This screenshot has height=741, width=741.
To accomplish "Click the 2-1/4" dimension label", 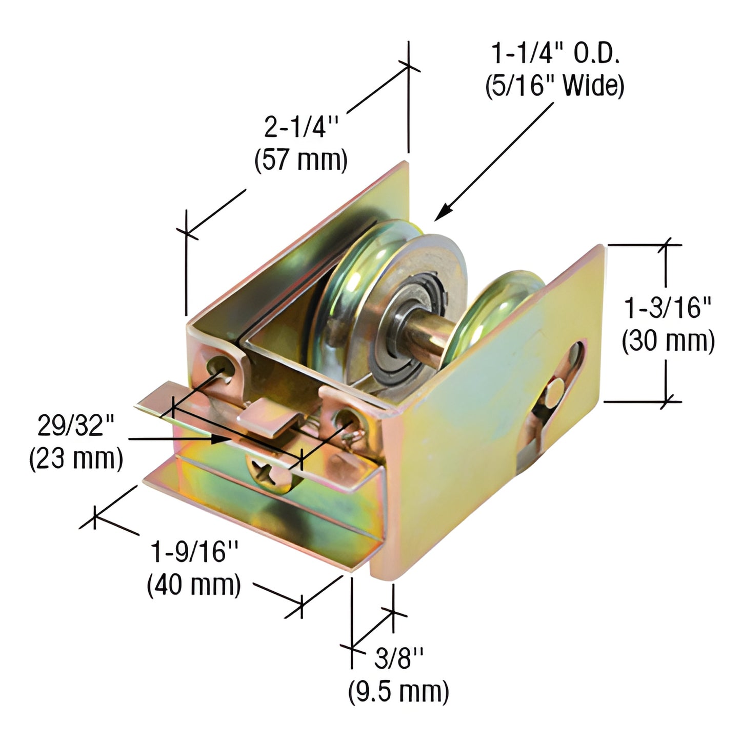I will coord(302,127).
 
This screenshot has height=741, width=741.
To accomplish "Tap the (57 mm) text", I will coord(301,160).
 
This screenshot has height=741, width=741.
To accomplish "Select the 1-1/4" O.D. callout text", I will coord(555,53).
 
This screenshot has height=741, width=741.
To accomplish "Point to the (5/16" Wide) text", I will coord(555,86).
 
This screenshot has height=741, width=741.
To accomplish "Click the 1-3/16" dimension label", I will coord(668,308).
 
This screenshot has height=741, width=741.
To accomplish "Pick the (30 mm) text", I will coord(668,341).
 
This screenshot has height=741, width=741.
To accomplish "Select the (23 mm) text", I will coord(76,458).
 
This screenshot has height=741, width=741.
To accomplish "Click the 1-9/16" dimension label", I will coord(195,552).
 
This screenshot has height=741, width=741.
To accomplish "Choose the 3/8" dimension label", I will coord(399,658).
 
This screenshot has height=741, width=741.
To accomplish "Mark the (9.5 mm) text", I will coord(398,691).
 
